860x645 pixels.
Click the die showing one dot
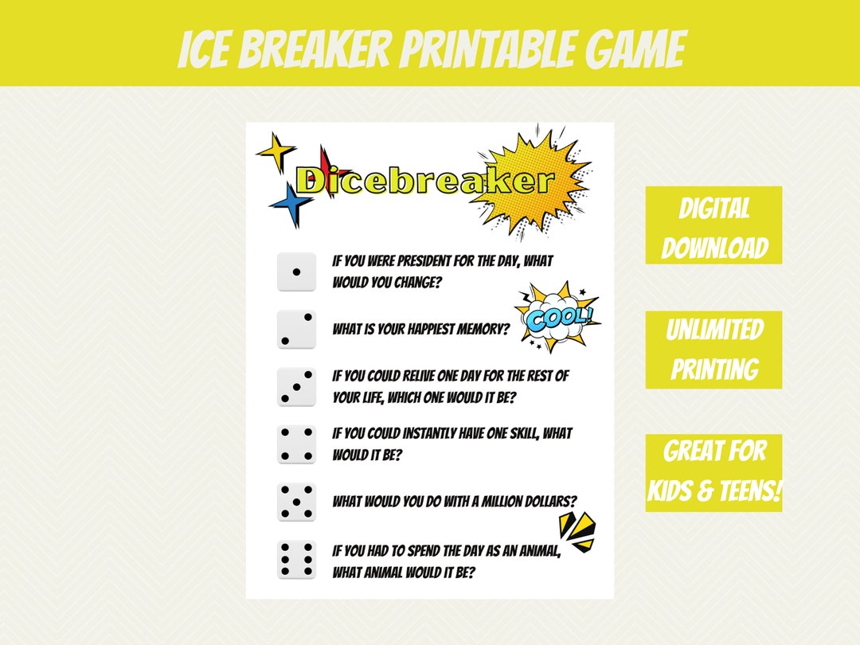(296, 272)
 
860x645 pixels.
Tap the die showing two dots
(296, 330)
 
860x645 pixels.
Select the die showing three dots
(296, 386)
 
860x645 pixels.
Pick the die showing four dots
(296, 444)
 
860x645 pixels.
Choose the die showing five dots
(296, 502)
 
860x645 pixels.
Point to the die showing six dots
(296, 561)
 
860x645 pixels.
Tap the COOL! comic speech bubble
(559, 317)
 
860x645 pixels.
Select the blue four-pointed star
(291, 204)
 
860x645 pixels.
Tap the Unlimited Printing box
(713, 350)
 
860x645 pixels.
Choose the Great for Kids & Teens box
(713, 472)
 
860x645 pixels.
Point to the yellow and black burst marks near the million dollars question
(577, 531)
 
